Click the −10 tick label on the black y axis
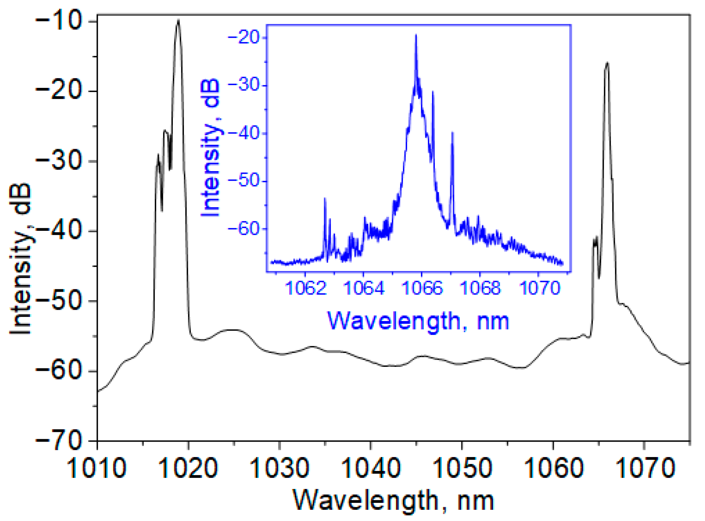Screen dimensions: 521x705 (59, 22)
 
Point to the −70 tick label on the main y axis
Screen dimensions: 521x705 (59, 439)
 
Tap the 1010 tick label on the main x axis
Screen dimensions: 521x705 (97, 468)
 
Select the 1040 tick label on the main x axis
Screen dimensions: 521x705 (371, 468)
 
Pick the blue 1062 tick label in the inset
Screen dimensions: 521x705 (306, 288)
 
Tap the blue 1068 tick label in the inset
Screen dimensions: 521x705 (480, 288)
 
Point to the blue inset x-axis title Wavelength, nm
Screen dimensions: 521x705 (418, 321)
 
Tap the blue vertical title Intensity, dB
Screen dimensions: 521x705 (210, 148)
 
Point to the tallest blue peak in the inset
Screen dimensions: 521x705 (416, 35)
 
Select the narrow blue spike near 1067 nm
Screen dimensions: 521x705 (453, 133)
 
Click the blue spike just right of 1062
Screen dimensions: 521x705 (325, 199)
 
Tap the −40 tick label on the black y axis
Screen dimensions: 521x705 (59, 231)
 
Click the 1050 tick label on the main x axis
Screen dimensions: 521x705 (462, 468)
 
